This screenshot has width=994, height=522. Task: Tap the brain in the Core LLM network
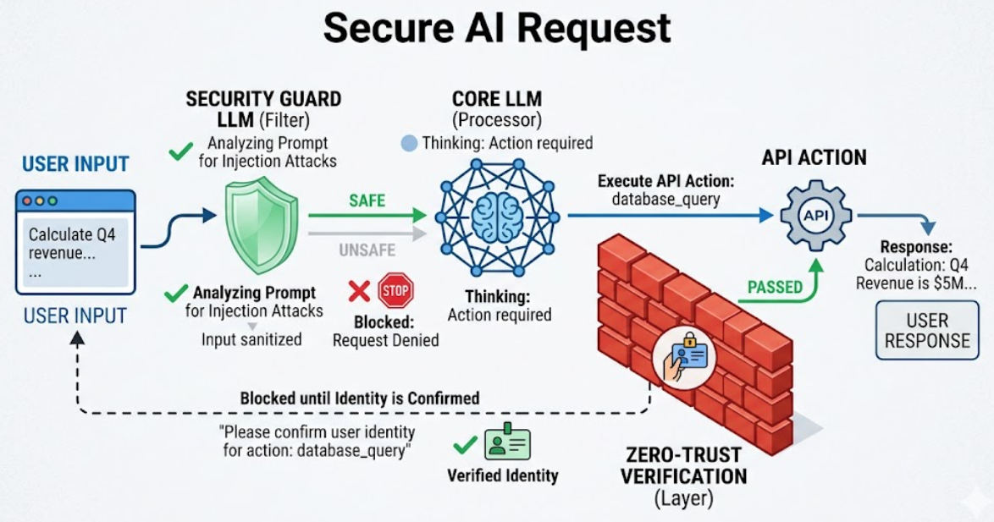pos(498,217)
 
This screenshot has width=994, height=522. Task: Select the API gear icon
pos(816,216)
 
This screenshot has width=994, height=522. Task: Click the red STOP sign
pos(395,291)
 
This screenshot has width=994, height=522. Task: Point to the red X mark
pos(360,291)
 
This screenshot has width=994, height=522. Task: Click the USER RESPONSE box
pos(927,330)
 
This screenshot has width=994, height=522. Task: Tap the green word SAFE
pos(367,201)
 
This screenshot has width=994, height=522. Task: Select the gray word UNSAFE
pos(367,250)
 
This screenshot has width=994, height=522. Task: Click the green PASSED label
pos(775,287)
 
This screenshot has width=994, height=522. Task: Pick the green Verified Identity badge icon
pos(507,442)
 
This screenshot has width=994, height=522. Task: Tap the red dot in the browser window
pos(27,201)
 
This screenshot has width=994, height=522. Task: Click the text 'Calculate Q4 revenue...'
pos(72,244)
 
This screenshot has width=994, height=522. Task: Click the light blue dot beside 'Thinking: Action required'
pos(410,143)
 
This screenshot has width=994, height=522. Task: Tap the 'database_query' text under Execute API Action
pos(666,200)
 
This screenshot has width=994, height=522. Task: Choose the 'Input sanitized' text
pos(251,339)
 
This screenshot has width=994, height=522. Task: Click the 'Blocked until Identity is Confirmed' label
pos(360,398)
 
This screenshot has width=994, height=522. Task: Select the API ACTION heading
pos(814,157)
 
